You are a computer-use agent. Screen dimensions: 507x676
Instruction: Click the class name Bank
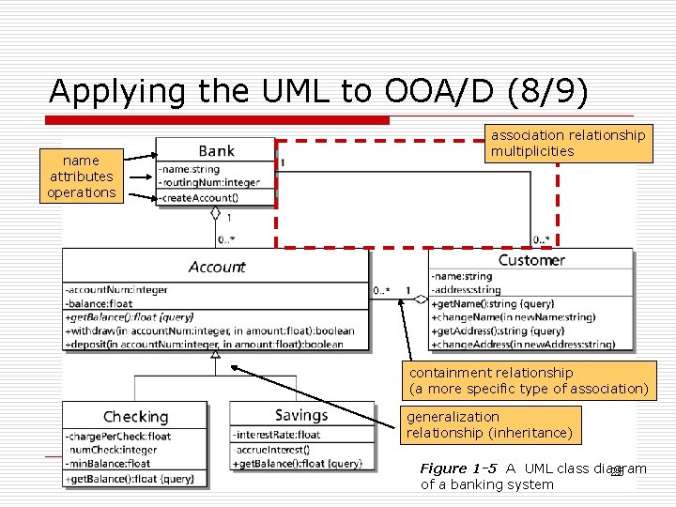coord(216,151)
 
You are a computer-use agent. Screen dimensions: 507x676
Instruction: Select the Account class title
coord(216,268)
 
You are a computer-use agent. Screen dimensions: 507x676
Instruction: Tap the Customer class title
coord(531,260)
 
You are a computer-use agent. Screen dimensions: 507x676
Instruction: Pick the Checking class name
coord(135,417)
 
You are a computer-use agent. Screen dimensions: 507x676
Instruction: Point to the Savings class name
coord(301,415)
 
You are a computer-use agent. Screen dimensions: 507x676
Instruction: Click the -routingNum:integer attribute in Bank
coord(209,182)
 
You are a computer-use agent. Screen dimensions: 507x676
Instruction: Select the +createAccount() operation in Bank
coord(198,198)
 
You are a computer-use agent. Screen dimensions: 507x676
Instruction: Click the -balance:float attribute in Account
coord(100,303)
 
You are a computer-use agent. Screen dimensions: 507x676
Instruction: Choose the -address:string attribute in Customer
coord(466,290)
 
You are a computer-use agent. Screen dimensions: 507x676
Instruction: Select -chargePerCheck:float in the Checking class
coord(118,437)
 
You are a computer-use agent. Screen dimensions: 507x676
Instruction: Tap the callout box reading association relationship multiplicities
coord(568,143)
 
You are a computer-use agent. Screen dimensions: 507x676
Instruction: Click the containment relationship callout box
coord(529,380)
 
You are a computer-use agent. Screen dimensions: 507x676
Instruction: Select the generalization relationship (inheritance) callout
coord(488,424)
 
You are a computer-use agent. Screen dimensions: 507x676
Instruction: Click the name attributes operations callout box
coord(82,177)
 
